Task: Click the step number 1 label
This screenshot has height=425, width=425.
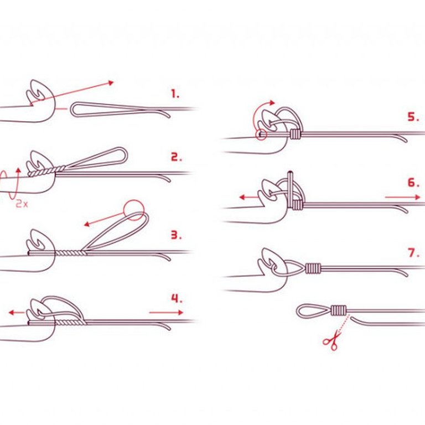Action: pos(175,94)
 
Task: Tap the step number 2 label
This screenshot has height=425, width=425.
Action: pos(176,157)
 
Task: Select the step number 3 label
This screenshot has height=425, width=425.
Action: pos(176,235)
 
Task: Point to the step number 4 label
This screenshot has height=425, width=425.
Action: pos(177,298)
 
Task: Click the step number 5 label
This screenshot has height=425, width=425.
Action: pos(413,117)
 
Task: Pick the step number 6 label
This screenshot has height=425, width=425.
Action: pos(413,183)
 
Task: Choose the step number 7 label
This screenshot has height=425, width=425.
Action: pos(413,253)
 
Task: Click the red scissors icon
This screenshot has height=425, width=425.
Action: pos(331,340)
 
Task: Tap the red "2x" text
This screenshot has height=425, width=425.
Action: pos(22,203)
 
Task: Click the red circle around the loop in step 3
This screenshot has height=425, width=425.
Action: pos(133,200)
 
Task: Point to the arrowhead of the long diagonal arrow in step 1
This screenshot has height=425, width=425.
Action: pos(111,82)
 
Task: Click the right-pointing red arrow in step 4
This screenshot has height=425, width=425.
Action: pos(166,313)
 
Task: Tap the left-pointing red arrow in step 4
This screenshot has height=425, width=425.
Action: pos(17,313)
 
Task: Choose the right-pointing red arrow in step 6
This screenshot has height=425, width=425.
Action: pos(402,198)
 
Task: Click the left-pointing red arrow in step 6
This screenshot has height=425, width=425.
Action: pos(249,198)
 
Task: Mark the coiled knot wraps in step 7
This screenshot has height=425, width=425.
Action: pos(313,268)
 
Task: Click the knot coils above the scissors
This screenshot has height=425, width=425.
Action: pos(339,310)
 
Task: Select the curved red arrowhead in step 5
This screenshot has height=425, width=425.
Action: pos(272,103)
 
